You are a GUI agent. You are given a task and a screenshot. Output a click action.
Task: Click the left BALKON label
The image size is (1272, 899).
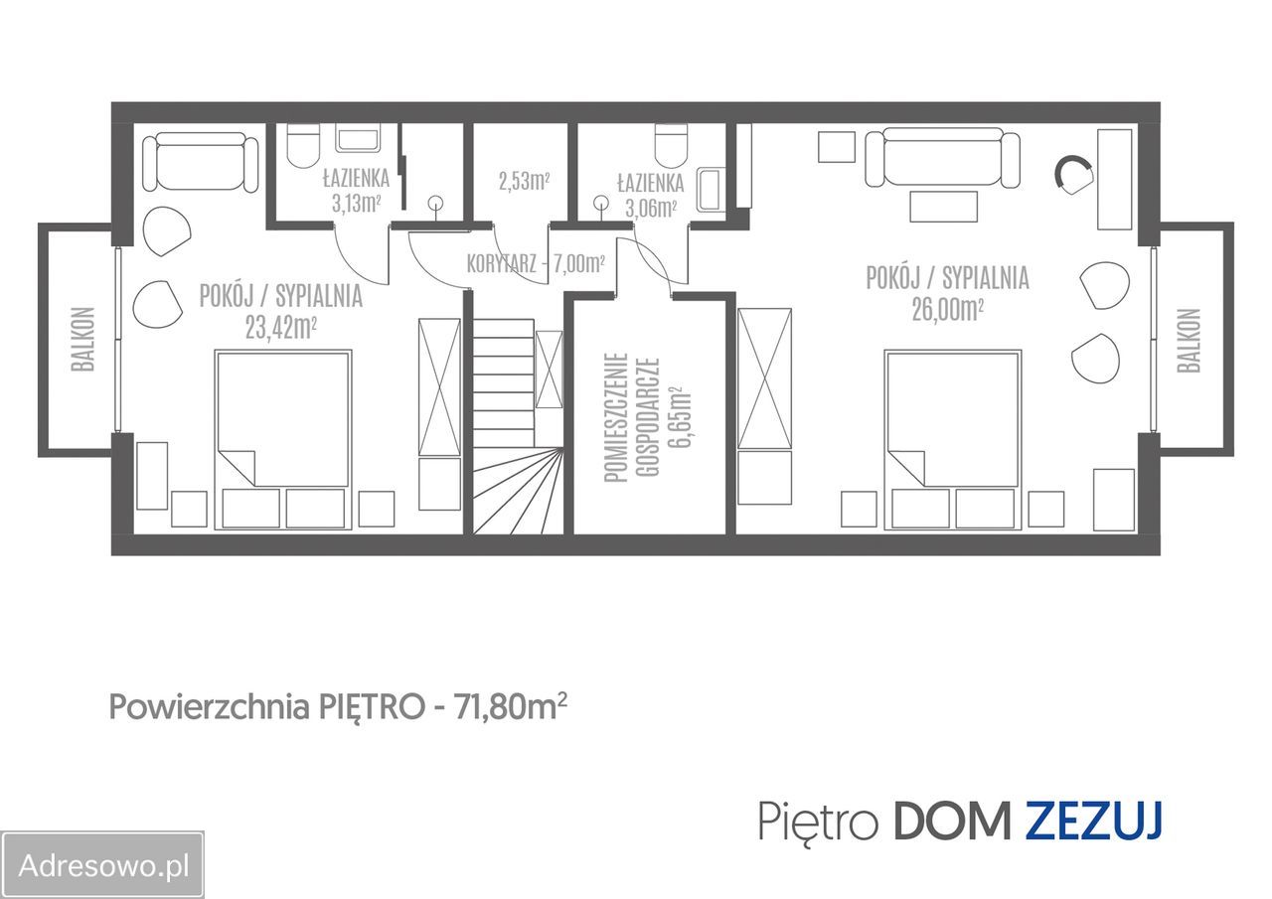click(x=82, y=339)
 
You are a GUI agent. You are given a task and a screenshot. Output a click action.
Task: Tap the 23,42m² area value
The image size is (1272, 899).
click(x=280, y=328)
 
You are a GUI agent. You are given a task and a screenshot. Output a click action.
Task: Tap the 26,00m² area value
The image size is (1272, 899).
click(x=947, y=310)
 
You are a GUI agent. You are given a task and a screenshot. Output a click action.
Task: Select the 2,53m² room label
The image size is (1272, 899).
click(x=524, y=181)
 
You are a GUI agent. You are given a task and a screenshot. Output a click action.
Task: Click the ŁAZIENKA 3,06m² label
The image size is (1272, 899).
click(x=650, y=195)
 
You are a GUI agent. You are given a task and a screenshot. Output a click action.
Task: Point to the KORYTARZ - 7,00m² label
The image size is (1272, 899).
click(x=536, y=264)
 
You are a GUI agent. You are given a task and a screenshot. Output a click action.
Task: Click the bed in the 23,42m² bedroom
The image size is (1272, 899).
click(x=282, y=437)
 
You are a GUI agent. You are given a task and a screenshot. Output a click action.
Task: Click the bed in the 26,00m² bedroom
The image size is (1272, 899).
click(x=953, y=437)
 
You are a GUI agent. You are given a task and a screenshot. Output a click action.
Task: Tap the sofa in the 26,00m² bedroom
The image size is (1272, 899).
click(x=942, y=158)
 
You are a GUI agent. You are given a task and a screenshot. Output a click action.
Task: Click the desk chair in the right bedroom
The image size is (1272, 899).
click(x=1073, y=175)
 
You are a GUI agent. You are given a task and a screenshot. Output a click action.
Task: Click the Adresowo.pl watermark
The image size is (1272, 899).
click(x=103, y=864)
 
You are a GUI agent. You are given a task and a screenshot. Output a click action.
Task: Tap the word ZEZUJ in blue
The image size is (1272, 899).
click(x=1093, y=822)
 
